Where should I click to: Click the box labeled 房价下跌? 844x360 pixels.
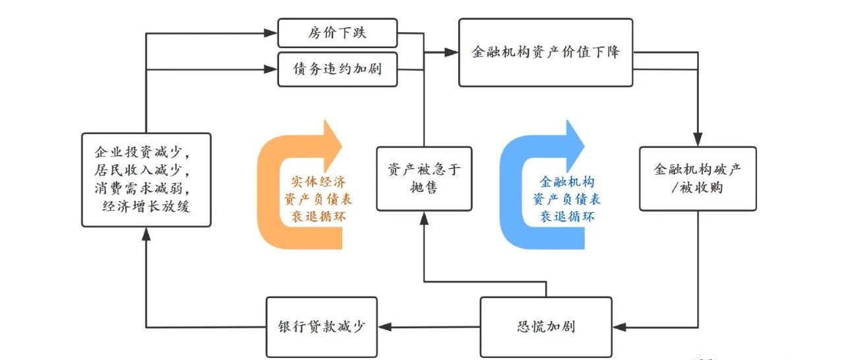(338, 32)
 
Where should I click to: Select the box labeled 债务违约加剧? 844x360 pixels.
(338, 69)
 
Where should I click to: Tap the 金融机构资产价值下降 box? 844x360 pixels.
(545, 53)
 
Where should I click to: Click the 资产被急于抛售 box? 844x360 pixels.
(424, 179)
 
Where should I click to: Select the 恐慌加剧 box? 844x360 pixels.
(545, 326)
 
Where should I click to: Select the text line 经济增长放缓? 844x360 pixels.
(146, 206)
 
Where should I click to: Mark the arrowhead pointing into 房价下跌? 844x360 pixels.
(271, 32)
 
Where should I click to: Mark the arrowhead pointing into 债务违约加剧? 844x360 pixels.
(271, 68)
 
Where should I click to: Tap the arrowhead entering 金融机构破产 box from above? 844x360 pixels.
(697, 140)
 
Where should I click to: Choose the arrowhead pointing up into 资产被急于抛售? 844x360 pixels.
(423, 218)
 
